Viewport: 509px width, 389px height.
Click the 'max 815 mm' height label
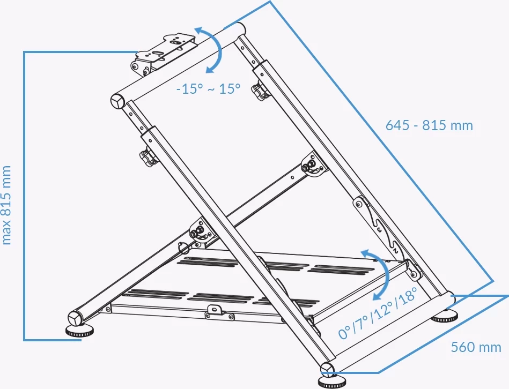(6, 205)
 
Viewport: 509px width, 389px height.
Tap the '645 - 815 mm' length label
(429, 125)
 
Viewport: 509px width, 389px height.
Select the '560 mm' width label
(476, 347)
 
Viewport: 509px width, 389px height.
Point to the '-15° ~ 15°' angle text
(209, 88)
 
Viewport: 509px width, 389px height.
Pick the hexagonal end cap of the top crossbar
(118, 102)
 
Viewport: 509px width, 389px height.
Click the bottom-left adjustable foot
(79, 330)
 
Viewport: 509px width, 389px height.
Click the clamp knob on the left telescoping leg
(147, 158)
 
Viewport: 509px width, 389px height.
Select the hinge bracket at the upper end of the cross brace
(313, 166)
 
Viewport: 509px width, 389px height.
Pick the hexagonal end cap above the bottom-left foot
(75, 318)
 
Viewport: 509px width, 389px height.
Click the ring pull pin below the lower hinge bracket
(183, 248)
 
